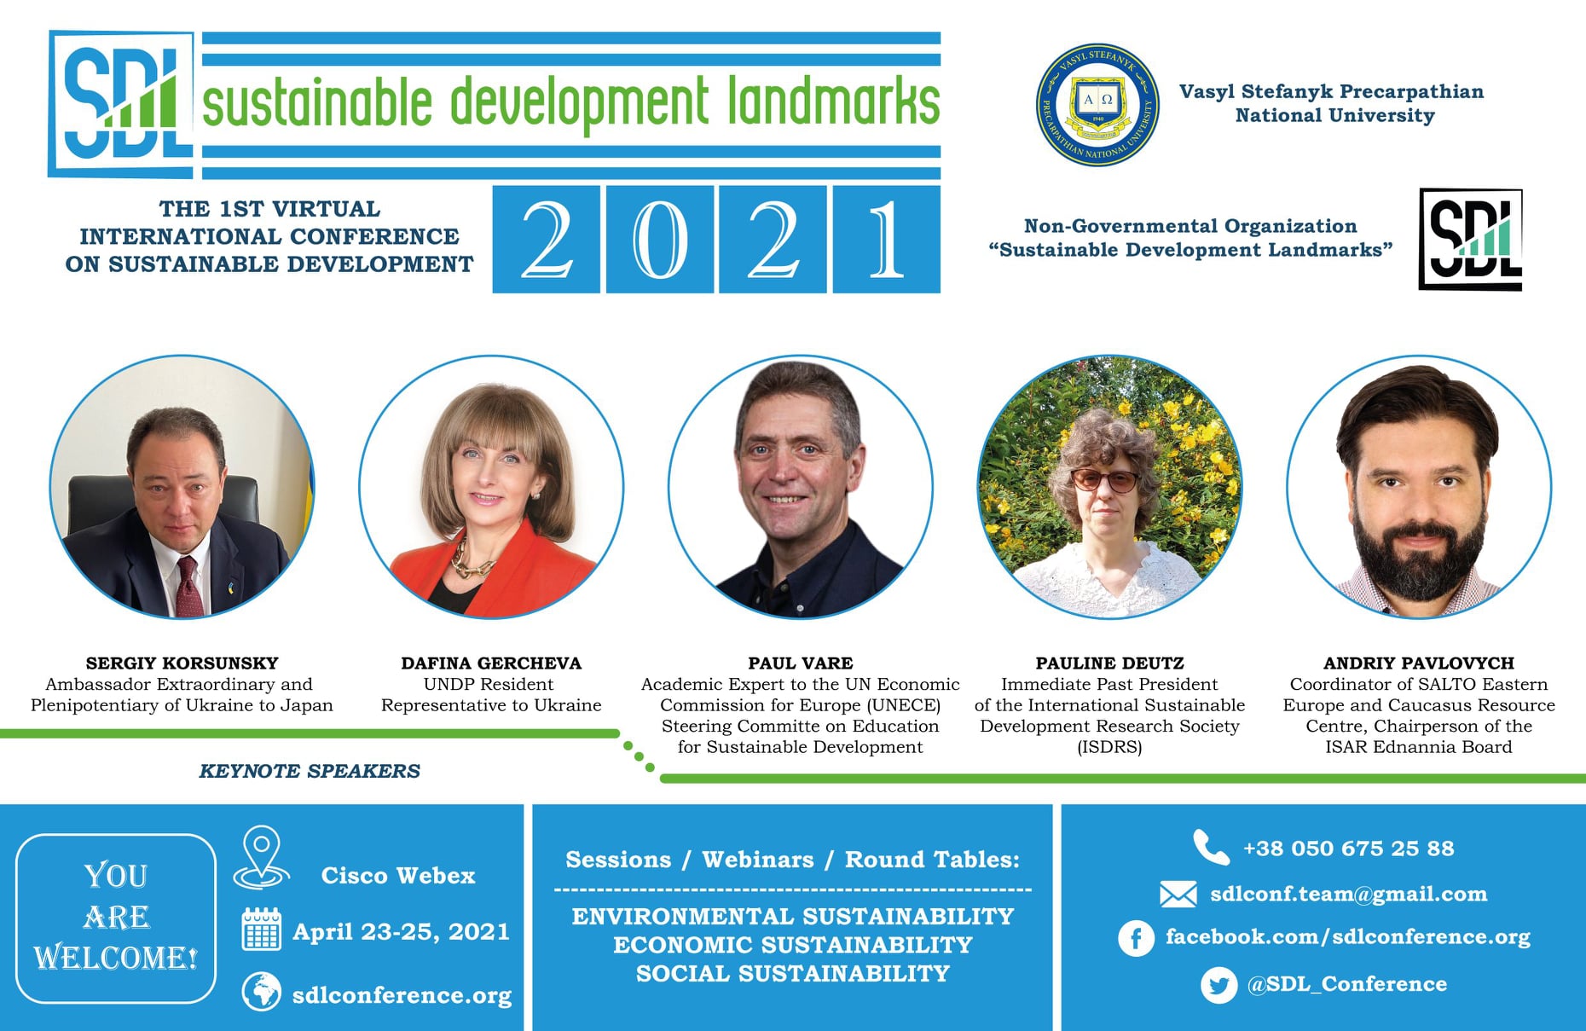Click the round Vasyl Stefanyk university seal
click(1097, 105)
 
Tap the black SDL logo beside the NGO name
click(1471, 240)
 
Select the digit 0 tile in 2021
click(659, 240)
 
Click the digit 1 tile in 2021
click(887, 240)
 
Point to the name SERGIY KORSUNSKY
click(182, 663)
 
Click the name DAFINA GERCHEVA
click(491, 663)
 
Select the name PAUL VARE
click(800, 663)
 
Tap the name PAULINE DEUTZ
click(1109, 663)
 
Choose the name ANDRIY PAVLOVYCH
click(1419, 663)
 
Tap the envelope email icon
click(1178, 894)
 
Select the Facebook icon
click(1136, 939)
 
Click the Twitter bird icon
click(1218, 986)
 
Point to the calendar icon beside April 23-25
click(262, 930)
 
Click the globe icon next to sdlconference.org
click(262, 992)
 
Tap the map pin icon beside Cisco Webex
click(262, 857)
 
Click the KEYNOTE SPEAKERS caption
click(310, 771)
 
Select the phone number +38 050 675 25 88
click(1349, 849)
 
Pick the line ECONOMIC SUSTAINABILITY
click(793, 945)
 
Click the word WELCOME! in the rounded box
click(116, 958)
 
